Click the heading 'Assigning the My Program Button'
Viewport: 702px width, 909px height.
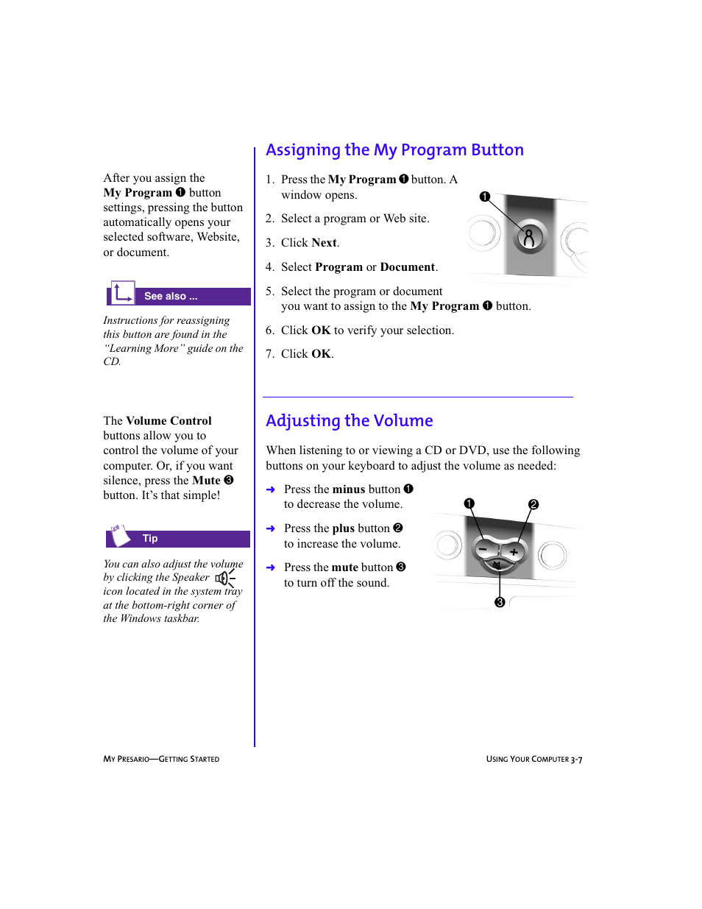394,150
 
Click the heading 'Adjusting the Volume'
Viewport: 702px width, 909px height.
349,421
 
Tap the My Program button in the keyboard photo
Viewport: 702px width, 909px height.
529,238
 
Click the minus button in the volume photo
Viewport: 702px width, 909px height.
483,549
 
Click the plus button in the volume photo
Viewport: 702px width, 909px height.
514,551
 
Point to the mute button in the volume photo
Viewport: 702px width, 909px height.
497,565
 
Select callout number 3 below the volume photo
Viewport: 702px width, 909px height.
500,602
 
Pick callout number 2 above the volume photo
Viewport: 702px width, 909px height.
533,504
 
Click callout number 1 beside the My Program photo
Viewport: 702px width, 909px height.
484,197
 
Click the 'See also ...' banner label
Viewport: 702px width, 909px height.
171,297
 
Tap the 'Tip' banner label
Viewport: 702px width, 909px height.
150,539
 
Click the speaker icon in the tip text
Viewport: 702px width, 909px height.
224,578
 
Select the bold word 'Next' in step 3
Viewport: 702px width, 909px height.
324,243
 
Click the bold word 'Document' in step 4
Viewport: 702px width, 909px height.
407,267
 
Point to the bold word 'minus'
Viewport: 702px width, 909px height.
349,489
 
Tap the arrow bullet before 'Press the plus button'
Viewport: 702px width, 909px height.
271,528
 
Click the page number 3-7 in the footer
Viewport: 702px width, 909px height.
576,760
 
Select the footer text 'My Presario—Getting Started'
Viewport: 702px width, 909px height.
161,759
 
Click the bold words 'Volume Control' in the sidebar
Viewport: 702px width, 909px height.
169,421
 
